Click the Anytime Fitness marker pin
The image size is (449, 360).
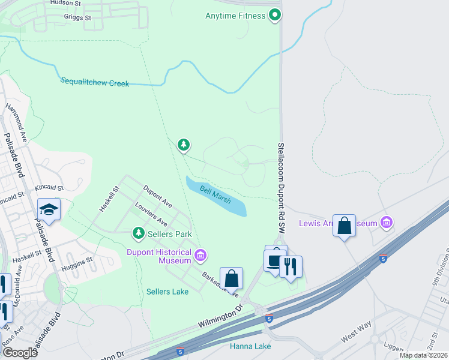(x=274, y=15)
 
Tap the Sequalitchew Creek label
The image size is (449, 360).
(x=95, y=83)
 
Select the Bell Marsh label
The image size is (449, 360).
(x=215, y=196)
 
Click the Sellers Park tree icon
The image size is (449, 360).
(x=139, y=233)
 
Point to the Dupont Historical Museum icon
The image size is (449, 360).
(x=201, y=257)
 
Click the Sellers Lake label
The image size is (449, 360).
(x=167, y=292)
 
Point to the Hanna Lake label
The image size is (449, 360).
(x=250, y=346)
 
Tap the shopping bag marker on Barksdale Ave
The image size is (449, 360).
(x=231, y=278)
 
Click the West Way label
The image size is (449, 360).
(x=353, y=336)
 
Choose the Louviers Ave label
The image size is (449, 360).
(x=151, y=214)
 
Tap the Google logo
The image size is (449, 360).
(x=20, y=352)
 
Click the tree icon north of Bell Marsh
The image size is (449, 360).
(x=184, y=145)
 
